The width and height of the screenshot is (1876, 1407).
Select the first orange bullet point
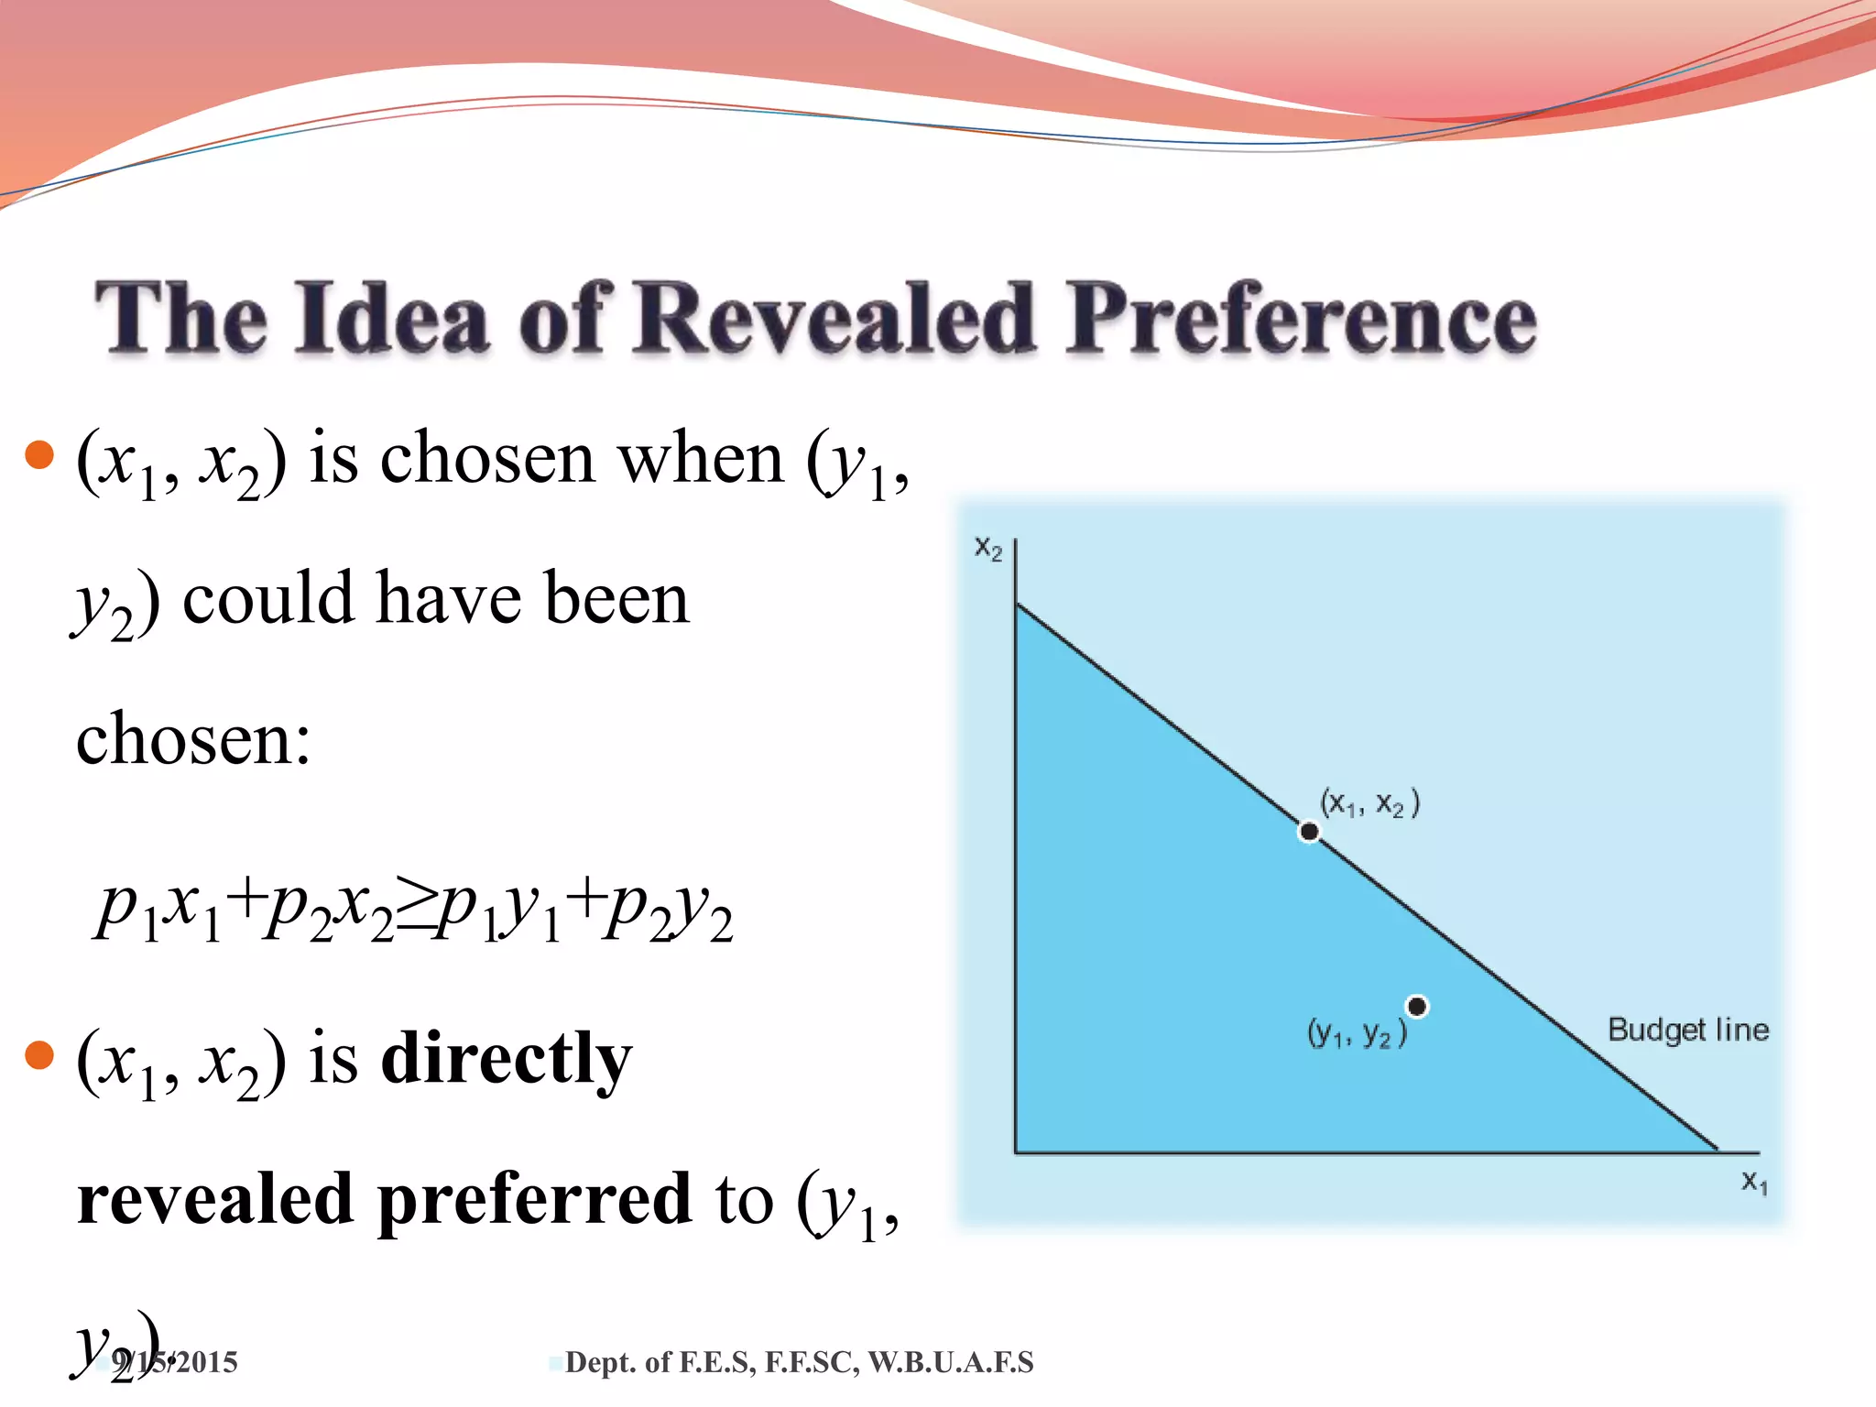(x=39, y=454)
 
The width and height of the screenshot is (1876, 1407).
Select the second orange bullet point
(x=39, y=1055)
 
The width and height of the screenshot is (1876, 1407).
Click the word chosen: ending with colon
(x=193, y=740)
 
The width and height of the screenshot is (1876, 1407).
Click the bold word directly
(x=506, y=1059)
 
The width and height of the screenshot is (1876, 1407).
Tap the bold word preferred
(x=533, y=1200)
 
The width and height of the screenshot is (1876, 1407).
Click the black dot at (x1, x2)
(x=1309, y=831)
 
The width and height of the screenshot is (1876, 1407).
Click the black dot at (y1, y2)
(x=1417, y=1007)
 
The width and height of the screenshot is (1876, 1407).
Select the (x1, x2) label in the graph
(x=1369, y=803)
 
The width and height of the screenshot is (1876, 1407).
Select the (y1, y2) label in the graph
(x=1357, y=1033)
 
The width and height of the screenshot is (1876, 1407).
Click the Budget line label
(x=1687, y=1030)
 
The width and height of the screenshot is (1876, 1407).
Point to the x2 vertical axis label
(x=988, y=548)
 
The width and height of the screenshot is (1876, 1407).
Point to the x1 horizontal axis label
(x=1754, y=1182)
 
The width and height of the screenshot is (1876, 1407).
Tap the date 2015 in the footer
(x=207, y=1363)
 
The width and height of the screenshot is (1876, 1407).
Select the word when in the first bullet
(x=701, y=458)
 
